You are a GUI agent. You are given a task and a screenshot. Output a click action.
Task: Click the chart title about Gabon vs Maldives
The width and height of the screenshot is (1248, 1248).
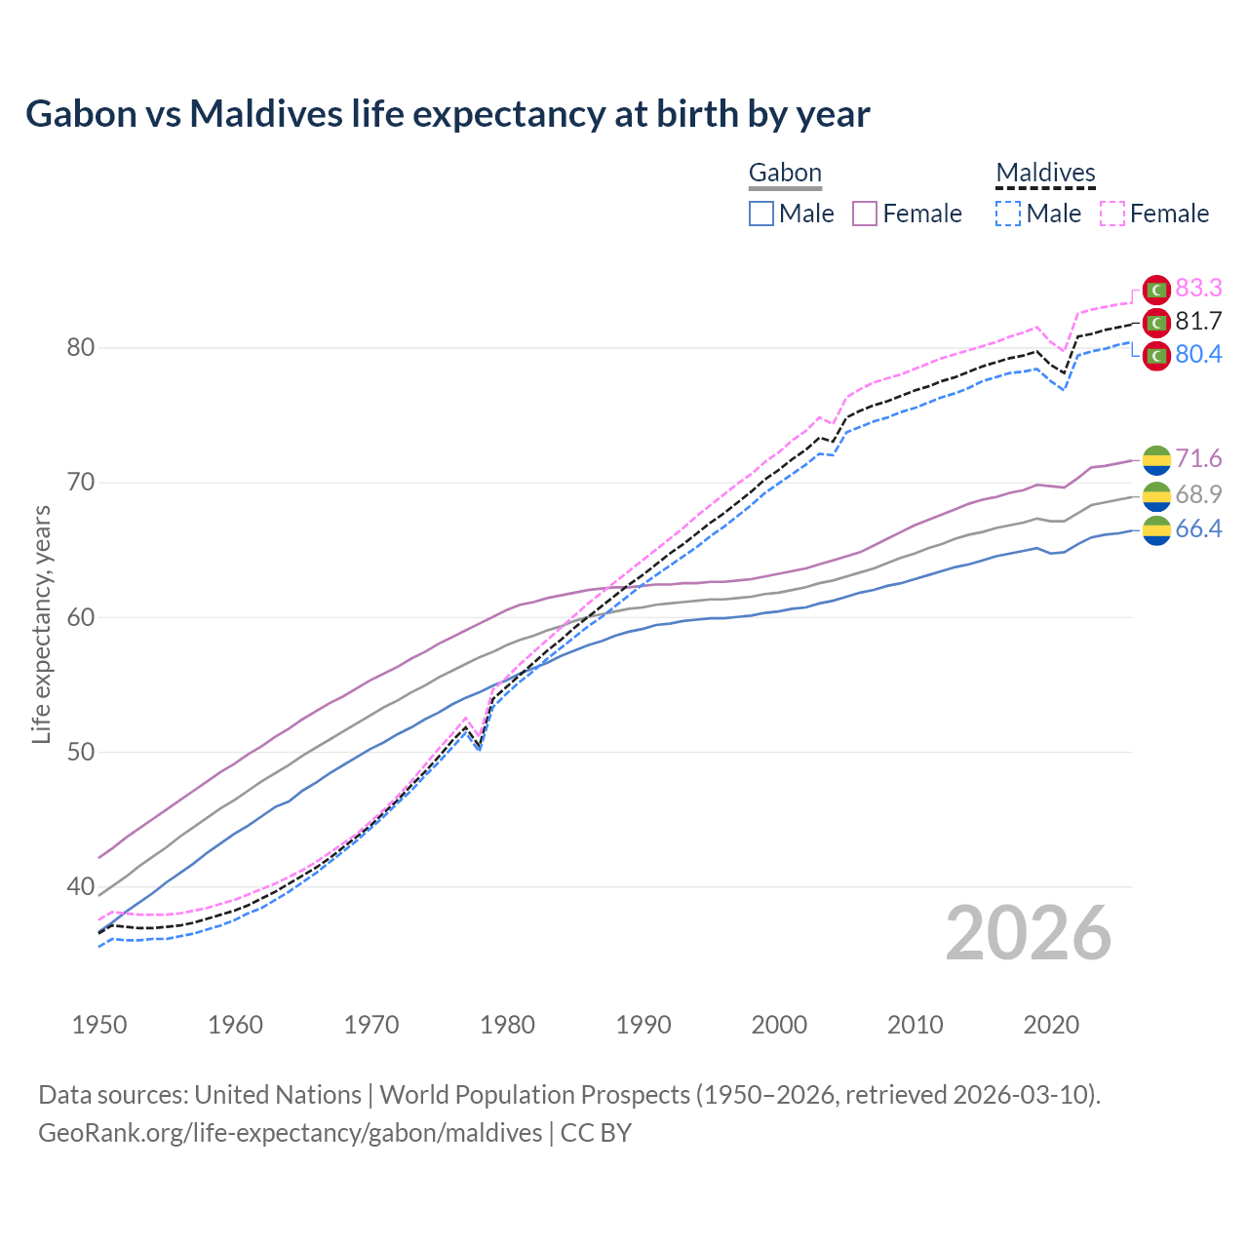[448, 114]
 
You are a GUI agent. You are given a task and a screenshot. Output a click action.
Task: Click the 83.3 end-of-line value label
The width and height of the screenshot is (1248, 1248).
[1198, 288]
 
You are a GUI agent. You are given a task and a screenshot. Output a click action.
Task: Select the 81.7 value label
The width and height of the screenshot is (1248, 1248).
[1198, 321]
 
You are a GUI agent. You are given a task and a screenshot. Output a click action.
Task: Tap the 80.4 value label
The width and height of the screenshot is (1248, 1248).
[1198, 354]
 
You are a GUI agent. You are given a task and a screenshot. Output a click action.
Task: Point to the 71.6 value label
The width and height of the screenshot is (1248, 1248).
[1198, 458]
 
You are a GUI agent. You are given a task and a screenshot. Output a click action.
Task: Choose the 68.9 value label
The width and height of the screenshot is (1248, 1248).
[1198, 494]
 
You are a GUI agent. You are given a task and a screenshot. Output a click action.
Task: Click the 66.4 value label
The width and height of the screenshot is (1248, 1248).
[1198, 528]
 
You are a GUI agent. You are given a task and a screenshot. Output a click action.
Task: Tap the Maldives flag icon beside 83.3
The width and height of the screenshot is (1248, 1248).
[1156, 290]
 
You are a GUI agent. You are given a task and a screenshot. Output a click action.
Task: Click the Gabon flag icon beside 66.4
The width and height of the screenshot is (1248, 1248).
[1156, 530]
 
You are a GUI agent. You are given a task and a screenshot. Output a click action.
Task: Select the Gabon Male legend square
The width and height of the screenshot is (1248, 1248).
[761, 214]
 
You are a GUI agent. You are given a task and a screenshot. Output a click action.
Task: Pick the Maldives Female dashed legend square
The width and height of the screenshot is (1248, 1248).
[1112, 214]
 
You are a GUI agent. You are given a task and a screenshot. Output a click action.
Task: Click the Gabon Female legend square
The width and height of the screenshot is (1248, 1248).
[865, 214]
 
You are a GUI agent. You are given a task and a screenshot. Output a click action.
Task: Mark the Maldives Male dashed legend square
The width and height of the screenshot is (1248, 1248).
[1008, 214]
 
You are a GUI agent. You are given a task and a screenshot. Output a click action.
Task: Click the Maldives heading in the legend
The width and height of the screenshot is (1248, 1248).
[1045, 173]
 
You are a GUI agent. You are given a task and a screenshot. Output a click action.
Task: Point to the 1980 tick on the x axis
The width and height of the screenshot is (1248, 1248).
[508, 1025]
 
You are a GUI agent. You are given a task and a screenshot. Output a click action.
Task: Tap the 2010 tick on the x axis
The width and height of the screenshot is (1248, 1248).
[915, 1025]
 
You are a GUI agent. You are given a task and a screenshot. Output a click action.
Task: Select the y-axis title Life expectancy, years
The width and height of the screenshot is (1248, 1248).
[41, 624]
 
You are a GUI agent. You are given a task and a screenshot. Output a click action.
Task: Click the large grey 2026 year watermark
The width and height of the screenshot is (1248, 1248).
[1029, 933]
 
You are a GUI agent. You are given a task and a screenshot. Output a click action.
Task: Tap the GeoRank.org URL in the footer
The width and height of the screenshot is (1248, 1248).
[290, 1132]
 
